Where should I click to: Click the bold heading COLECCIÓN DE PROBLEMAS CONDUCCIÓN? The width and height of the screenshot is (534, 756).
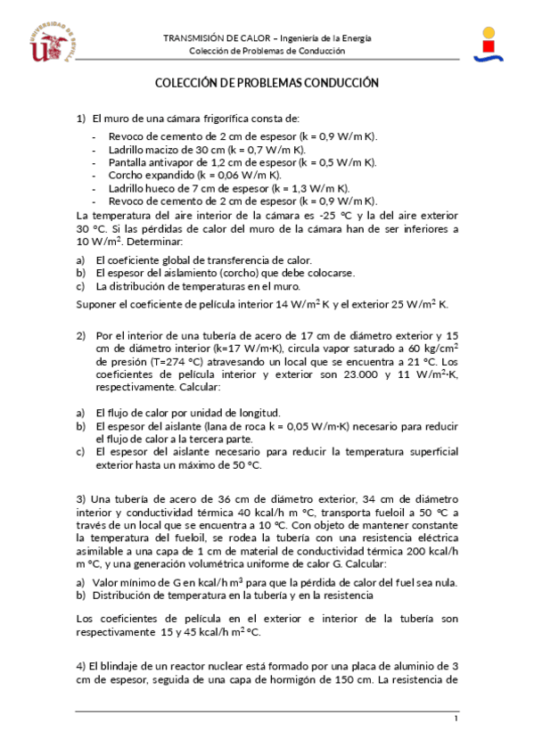pyautogui.click(x=267, y=83)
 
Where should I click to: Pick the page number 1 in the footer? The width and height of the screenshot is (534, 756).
pyautogui.click(x=456, y=719)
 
